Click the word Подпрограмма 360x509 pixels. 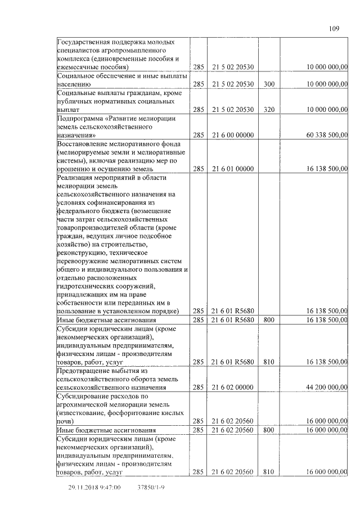(x=82, y=119)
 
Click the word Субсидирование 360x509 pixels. (x=86, y=397)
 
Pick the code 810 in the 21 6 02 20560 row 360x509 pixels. (x=269, y=472)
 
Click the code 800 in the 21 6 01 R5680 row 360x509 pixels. (x=269, y=320)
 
